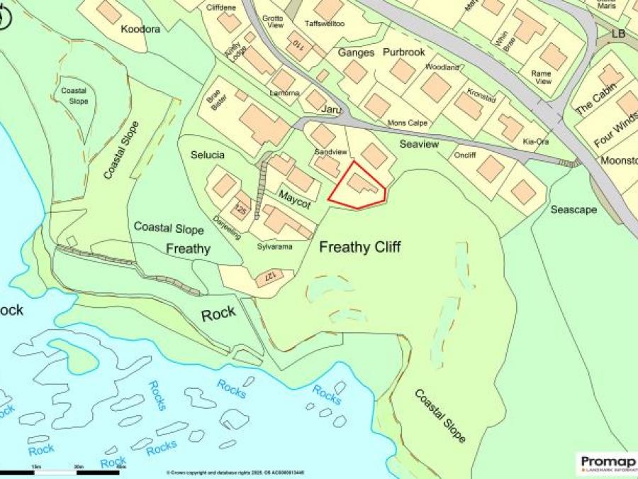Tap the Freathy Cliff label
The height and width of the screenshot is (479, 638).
tap(359, 247)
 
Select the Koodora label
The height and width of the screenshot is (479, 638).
tap(140, 30)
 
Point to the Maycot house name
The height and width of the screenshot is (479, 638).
tap(294, 199)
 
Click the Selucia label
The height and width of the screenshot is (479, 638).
tap(208, 155)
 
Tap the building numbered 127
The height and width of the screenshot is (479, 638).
tap(269, 275)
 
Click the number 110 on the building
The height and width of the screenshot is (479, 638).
tap(298, 46)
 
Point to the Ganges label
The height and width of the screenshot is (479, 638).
tap(355, 53)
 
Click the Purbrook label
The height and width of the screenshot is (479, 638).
tap(403, 53)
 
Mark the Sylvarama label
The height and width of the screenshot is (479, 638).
tap(275, 246)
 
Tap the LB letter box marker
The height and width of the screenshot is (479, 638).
tap(618, 33)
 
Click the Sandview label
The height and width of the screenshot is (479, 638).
tap(330, 152)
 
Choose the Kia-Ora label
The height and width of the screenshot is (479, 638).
tap(536, 142)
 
